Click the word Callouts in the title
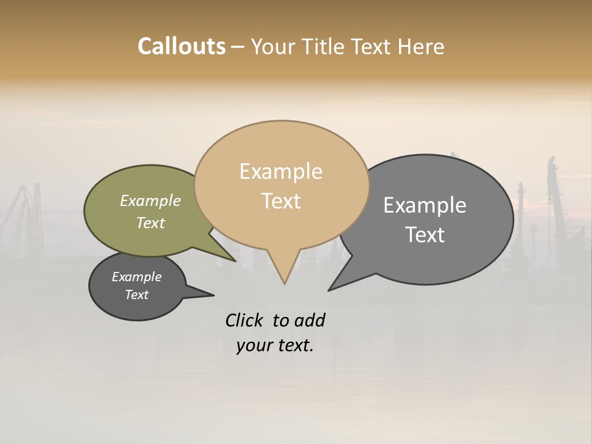[181, 46]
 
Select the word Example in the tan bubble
[281, 171]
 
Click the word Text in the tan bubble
[281, 201]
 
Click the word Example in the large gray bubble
[424, 205]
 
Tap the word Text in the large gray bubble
[424, 235]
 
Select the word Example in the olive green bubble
[150, 201]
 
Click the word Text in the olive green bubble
[150, 223]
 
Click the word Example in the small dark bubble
[136, 277]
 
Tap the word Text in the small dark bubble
[136, 295]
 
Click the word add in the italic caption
[310, 321]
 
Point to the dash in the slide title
[238, 47]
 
